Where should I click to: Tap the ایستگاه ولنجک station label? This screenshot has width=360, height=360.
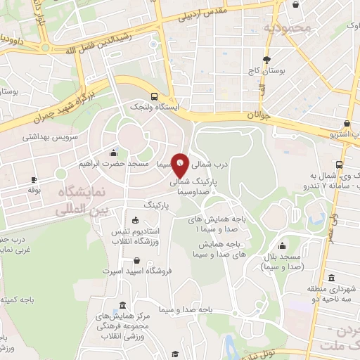point(154,107)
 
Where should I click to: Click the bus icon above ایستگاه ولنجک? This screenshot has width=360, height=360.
point(154,96)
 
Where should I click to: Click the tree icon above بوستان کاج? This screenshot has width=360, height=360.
point(266,60)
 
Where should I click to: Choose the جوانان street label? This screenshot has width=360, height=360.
point(258,113)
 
